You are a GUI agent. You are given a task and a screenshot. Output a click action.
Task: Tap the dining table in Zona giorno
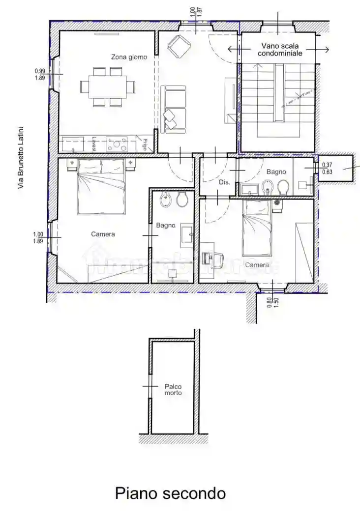(107, 87)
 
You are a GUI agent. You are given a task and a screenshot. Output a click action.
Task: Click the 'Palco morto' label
(173, 390)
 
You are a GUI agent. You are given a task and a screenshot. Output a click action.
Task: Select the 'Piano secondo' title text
(170, 493)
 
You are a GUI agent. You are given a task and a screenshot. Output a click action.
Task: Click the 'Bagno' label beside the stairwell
(276, 172)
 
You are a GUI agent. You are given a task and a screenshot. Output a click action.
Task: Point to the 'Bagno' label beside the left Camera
(166, 226)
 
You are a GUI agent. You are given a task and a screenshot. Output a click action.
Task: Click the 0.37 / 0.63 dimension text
(327, 169)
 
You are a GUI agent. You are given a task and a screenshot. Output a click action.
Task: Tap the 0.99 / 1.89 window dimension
(40, 74)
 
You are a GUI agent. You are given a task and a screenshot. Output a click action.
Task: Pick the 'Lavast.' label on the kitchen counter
(93, 144)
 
